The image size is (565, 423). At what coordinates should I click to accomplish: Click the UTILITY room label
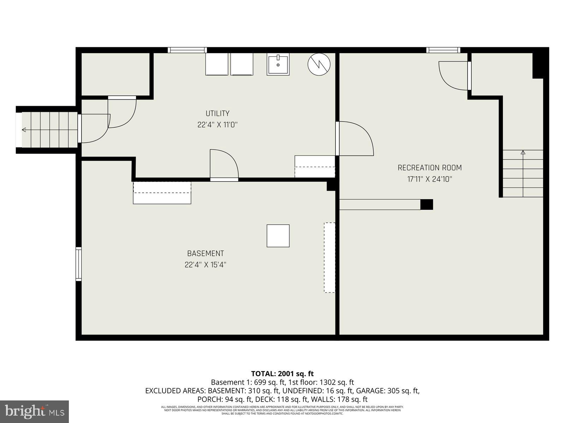point(218,114)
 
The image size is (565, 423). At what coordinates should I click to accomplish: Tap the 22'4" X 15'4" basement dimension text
point(205,265)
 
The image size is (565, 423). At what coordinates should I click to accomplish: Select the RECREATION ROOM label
point(429,168)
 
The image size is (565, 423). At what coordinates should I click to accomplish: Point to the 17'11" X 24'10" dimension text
point(429,179)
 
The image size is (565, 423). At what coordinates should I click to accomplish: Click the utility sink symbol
point(278,64)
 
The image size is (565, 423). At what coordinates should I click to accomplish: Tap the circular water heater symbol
point(319,64)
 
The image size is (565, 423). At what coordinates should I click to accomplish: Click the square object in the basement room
point(278,236)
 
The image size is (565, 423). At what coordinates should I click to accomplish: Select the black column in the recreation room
point(427,204)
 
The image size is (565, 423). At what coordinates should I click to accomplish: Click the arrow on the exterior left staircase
point(24,130)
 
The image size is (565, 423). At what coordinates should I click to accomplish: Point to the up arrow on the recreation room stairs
point(523,153)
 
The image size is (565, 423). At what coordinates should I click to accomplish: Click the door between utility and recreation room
point(354,139)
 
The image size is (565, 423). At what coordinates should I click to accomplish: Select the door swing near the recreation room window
point(453,75)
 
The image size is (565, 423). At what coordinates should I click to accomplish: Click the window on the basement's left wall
point(78,264)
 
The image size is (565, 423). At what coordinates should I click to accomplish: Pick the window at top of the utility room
point(187,50)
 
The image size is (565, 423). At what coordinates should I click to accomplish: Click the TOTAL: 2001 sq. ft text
point(282,374)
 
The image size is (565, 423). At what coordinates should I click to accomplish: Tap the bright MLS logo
point(35,411)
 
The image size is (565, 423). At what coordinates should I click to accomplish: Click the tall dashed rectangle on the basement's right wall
point(329,257)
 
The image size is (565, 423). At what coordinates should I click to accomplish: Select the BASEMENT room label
point(205,253)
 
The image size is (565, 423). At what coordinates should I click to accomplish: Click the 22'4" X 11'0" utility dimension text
point(218,125)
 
